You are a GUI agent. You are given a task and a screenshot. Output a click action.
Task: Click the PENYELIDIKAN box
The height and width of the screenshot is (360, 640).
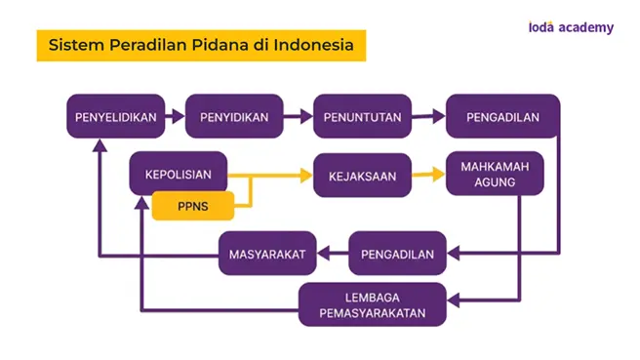116,116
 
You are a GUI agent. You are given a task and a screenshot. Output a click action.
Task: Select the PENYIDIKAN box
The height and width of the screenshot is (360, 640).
234,116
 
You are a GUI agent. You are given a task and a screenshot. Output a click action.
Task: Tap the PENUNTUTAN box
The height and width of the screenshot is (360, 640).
363,116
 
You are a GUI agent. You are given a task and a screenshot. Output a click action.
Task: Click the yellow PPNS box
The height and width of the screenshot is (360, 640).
193,206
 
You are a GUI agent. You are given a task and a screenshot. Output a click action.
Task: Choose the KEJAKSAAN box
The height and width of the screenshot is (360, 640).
363,176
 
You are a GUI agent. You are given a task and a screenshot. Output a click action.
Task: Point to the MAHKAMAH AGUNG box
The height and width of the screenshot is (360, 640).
495,174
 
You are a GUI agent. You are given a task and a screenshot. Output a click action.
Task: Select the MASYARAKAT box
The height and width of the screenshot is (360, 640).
267,254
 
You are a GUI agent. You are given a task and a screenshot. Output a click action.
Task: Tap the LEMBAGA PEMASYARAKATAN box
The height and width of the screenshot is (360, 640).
373,304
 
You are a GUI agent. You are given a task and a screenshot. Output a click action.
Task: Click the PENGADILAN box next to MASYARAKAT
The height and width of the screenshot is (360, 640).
397,254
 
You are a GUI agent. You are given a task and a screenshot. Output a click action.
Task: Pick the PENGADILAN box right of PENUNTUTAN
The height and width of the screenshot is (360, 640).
502,116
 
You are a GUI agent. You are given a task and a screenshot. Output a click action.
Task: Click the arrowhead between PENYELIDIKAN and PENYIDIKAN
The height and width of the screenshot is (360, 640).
179,116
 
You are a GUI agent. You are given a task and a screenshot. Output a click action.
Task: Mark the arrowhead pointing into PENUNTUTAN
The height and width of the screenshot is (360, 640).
306,116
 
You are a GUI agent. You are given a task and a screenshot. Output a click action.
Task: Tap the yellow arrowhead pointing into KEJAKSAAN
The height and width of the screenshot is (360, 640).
306,176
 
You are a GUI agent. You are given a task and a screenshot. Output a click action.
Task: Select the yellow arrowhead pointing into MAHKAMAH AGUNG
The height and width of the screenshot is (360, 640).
439,175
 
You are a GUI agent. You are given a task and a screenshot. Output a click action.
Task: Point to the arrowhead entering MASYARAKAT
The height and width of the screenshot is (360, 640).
323,254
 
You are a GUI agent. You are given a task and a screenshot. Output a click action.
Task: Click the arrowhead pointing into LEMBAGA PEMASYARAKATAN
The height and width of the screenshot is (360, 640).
454,300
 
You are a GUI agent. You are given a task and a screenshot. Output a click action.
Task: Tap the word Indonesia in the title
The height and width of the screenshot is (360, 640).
313,45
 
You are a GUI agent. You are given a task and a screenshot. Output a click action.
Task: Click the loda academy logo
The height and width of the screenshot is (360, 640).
571,27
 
